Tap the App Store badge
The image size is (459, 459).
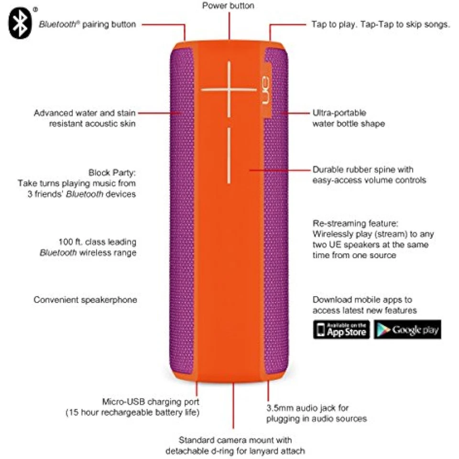click(x=341, y=329)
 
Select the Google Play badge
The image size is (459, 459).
click(x=407, y=329)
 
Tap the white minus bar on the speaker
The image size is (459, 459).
click(x=228, y=155)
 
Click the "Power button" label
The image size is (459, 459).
click(x=228, y=6)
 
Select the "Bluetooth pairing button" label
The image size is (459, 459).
click(x=87, y=24)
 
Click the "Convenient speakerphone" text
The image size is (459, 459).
click(x=85, y=300)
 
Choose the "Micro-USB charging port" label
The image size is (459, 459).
click(x=151, y=402)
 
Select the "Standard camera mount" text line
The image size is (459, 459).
click(x=235, y=439)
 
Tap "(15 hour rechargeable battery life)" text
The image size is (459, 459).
click(x=132, y=412)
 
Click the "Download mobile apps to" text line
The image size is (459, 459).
click(x=362, y=300)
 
